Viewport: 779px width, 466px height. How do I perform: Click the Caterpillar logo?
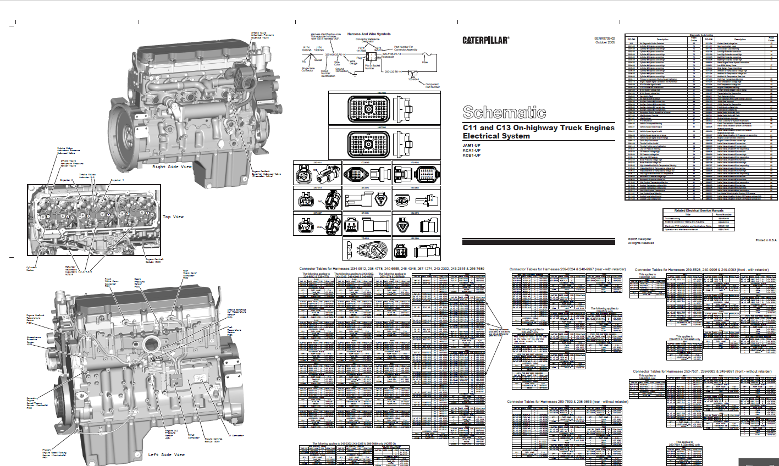pos(485,40)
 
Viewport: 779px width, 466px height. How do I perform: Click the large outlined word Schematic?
pos(504,112)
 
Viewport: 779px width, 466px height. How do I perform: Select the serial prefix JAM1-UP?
pos(471,145)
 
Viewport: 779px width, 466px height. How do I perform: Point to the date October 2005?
pos(604,43)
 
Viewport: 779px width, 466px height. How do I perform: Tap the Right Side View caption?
pos(172,167)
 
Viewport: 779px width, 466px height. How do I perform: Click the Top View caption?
pos(173,217)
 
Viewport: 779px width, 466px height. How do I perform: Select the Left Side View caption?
pos(167,454)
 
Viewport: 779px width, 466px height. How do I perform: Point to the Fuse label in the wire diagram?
pos(424,62)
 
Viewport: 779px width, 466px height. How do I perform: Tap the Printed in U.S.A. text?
pos(766,240)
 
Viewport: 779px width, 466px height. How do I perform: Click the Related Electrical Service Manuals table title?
pos(698,210)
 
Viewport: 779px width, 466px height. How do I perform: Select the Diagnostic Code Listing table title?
pos(701,34)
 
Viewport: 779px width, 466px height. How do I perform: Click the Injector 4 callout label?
pos(117,180)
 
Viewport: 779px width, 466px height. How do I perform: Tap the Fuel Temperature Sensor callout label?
pos(230,330)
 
